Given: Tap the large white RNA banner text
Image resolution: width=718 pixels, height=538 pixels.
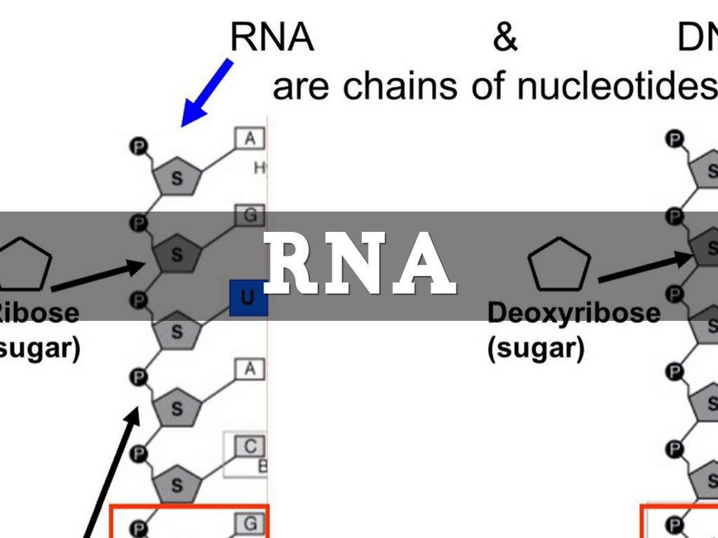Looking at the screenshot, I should [x=360, y=264].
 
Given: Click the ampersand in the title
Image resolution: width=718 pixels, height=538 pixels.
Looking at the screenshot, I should [x=504, y=39].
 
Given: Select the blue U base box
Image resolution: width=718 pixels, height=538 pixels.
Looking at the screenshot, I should [x=248, y=297].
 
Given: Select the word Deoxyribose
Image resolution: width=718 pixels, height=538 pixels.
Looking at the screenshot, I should [x=574, y=312].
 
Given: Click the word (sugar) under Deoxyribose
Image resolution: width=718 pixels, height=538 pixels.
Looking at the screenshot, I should [x=536, y=347].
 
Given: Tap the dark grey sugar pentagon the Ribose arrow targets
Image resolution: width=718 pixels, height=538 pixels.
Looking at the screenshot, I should [x=175, y=254].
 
